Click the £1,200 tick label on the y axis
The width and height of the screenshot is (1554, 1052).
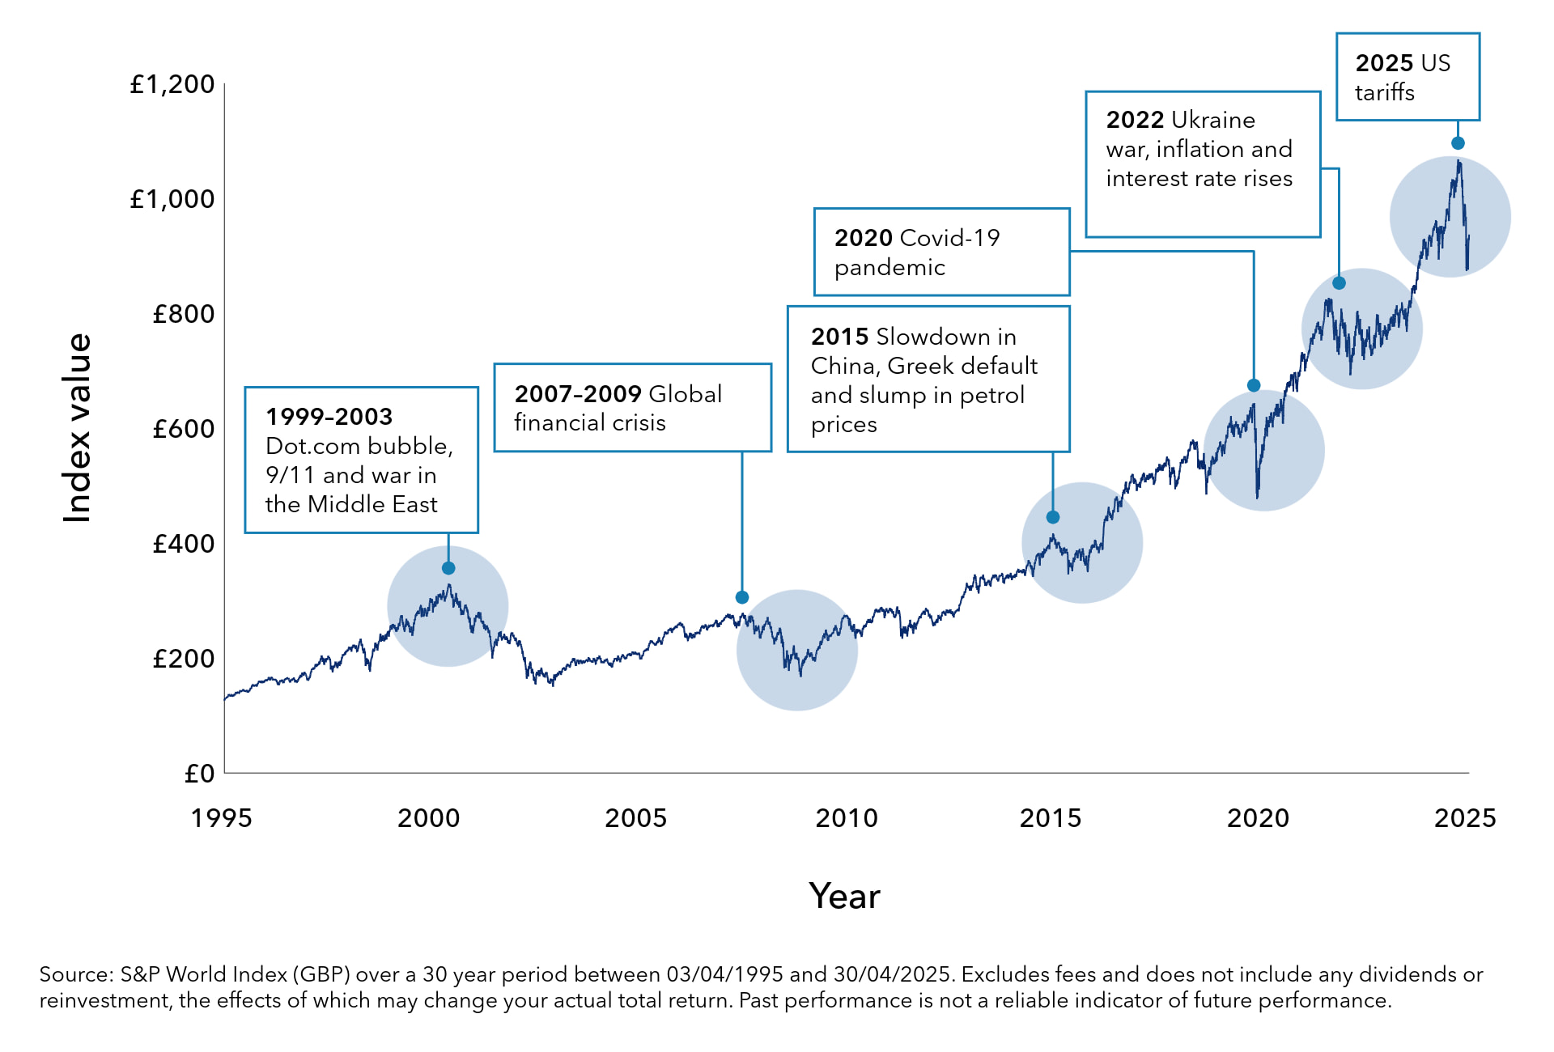click(172, 85)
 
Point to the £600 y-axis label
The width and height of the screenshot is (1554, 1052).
click(184, 429)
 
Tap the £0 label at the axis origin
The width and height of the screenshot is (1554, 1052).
click(199, 774)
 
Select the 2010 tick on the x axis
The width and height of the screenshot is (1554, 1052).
click(846, 818)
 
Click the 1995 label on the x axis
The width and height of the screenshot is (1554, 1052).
click(221, 818)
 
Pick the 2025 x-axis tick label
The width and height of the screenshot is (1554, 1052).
click(1464, 818)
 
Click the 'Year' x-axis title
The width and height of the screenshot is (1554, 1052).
click(844, 897)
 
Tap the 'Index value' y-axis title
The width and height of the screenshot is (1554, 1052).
click(78, 428)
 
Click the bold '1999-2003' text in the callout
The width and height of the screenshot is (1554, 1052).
click(329, 417)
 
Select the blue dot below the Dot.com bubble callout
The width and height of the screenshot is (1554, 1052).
click(448, 568)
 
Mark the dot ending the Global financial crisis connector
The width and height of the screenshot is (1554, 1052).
click(742, 597)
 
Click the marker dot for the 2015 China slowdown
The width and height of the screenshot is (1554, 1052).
click(1053, 517)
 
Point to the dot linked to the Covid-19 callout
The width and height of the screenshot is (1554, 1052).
click(1254, 385)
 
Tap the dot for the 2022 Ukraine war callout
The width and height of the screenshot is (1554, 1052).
click(1339, 283)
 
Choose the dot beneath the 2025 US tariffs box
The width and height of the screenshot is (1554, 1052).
click(1458, 143)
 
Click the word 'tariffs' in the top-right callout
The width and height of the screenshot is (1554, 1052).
click(1384, 93)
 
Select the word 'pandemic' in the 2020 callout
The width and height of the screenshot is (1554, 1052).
click(889, 268)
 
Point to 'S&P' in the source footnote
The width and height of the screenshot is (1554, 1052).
click(139, 974)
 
